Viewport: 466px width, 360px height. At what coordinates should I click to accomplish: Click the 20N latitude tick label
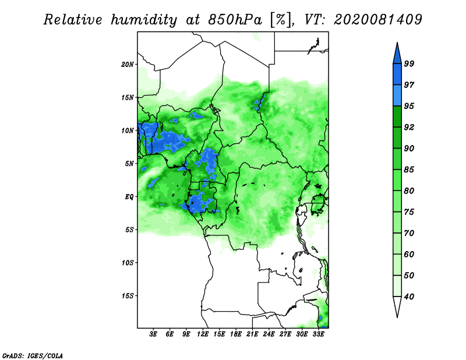pyautogui.click(x=128, y=64)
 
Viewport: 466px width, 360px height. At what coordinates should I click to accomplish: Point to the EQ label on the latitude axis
pyautogui.click(x=129, y=197)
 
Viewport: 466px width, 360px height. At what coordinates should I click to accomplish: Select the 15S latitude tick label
pyautogui.click(x=128, y=296)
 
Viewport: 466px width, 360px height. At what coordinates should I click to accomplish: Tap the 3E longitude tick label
pyautogui.click(x=153, y=334)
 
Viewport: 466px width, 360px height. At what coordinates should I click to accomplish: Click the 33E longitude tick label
pyautogui.click(x=318, y=334)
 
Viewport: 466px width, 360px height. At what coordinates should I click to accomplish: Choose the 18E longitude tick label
pyautogui.click(x=236, y=334)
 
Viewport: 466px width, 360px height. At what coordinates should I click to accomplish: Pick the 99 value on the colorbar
pyautogui.click(x=409, y=63)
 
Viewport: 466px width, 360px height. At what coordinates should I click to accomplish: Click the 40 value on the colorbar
pyautogui.click(x=409, y=297)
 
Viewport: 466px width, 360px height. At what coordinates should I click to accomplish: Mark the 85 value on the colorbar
pyautogui.click(x=409, y=170)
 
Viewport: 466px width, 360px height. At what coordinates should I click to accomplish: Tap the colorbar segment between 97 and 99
pyautogui.click(x=397, y=75)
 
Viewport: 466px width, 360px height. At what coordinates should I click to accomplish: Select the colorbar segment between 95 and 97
pyautogui.click(x=397, y=96)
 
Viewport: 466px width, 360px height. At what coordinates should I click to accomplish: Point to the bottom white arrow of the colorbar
pyautogui.click(x=397, y=306)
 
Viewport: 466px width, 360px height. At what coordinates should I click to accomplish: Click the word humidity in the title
pyautogui.click(x=144, y=20)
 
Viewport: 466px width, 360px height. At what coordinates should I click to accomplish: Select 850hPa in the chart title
pyautogui.click(x=235, y=20)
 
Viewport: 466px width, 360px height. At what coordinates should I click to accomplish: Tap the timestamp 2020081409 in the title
pyautogui.click(x=378, y=20)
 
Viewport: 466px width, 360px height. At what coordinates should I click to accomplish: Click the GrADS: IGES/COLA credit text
pyautogui.click(x=33, y=355)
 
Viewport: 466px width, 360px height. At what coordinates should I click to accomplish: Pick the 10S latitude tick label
pyautogui.click(x=128, y=263)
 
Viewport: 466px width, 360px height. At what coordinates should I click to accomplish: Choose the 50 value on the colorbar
pyautogui.click(x=409, y=276)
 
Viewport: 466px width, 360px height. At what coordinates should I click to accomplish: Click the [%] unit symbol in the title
pyautogui.click(x=281, y=20)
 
